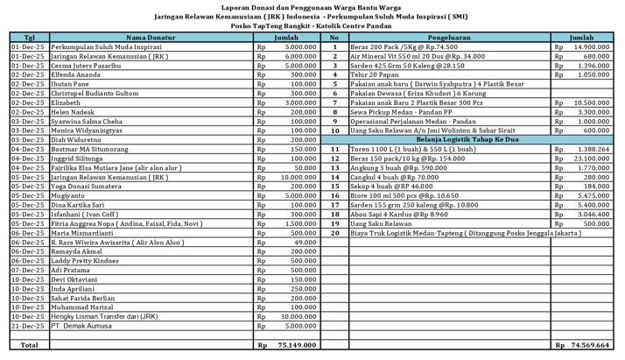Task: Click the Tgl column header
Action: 30,38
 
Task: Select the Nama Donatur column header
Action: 151,38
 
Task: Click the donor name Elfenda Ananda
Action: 76,74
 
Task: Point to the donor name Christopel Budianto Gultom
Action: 95,94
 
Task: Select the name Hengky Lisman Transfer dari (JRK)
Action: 104,316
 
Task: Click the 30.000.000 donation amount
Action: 298,316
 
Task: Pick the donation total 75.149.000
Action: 297,345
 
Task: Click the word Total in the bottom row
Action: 30,345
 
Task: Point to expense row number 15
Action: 334,187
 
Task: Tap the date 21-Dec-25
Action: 28,326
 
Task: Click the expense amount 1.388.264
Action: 592,149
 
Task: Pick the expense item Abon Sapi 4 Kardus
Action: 392,215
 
